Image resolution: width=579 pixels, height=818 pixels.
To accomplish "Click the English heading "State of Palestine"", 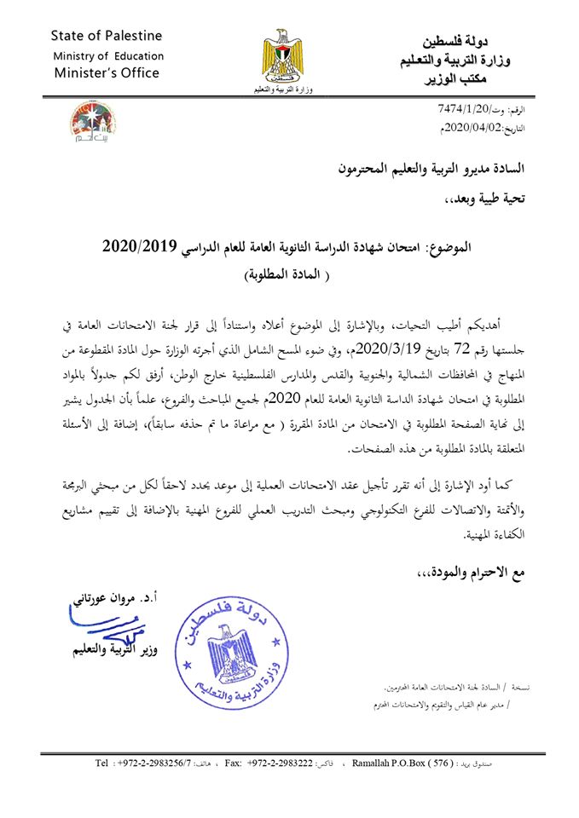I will (x=106, y=36).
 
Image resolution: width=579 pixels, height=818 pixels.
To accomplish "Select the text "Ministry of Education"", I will (x=107, y=55).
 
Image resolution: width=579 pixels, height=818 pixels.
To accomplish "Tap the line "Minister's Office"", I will (x=107, y=73).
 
